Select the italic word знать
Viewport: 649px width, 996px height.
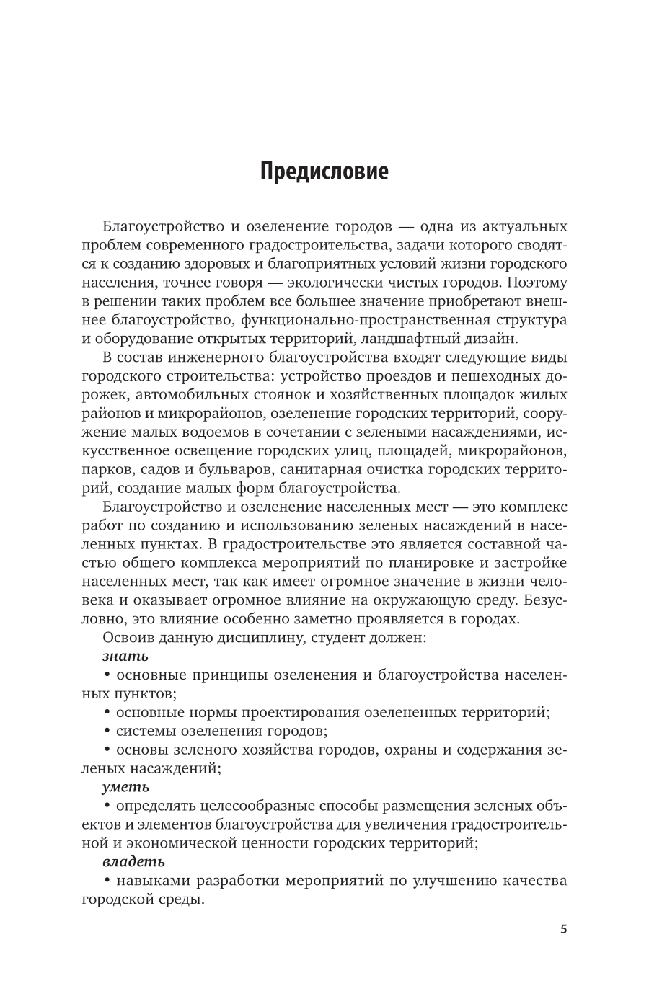[x=125, y=656]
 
